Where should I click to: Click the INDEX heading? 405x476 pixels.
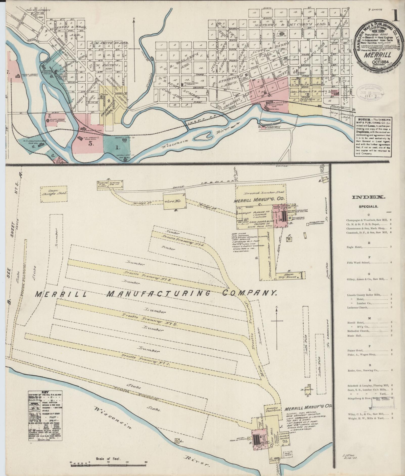[368, 198]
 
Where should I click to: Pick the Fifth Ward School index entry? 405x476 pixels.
[358, 262]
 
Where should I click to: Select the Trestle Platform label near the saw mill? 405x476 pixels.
[272, 409]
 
